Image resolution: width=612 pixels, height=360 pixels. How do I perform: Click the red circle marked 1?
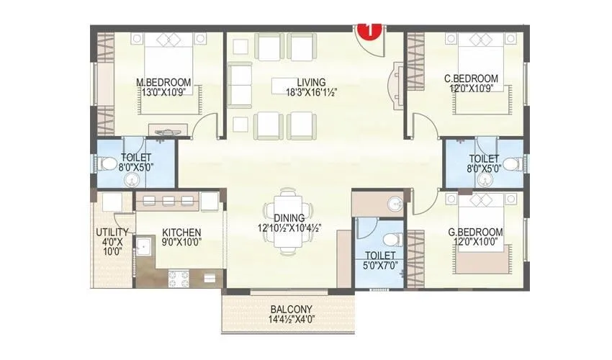click(x=370, y=31)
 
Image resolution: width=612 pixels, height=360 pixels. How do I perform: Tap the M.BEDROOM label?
click(x=163, y=81)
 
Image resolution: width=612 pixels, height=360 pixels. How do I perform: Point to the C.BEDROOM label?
click(x=471, y=78)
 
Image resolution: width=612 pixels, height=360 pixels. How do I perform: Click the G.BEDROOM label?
click(x=473, y=232)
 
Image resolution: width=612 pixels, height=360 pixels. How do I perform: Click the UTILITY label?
click(x=112, y=233)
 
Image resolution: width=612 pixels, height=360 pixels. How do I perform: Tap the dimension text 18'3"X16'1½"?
click(x=311, y=91)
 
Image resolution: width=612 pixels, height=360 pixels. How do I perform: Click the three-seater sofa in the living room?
click(x=238, y=84)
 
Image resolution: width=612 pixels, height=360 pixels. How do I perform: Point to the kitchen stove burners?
click(x=179, y=274)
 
